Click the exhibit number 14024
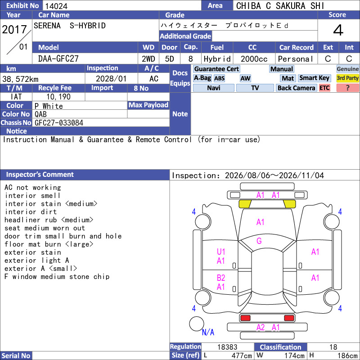click(56, 6)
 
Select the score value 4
click(338, 30)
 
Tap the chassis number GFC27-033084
click(59, 123)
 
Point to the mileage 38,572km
click(20, 79)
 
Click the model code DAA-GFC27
click(58, 59)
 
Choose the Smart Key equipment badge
click(315, 78)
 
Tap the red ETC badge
click(324, 88)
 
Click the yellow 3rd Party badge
click(347, 78)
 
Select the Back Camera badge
click(296, 88)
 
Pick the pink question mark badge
click(347, 88)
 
